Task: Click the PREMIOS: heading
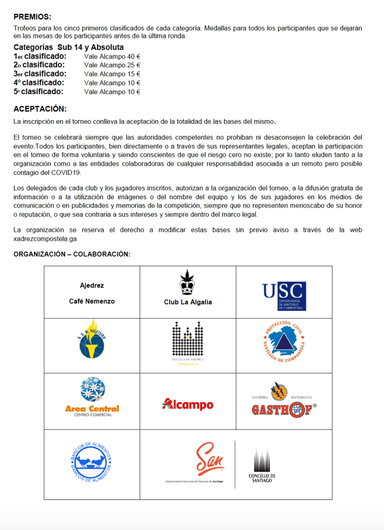click(32, 17)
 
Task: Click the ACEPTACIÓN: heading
click(40, 109)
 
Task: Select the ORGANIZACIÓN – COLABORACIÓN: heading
click(72, 254)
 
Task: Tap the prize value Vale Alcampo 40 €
click(112, 56)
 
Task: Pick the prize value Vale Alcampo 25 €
click(112, 65)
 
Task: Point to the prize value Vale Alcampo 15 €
click(112, 74)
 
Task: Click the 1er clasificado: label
click(40, 56)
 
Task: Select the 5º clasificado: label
click(38, 92)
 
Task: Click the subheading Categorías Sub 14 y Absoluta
click(68, 47)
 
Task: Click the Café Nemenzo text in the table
click(92, 301)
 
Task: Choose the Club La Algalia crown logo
click(187, 282)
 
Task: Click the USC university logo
click(284, 296)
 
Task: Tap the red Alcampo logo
click(187, 404)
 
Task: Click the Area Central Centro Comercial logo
click(92, 397)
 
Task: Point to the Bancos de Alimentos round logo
click(91, 462)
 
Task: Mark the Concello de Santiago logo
click(261, 465)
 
